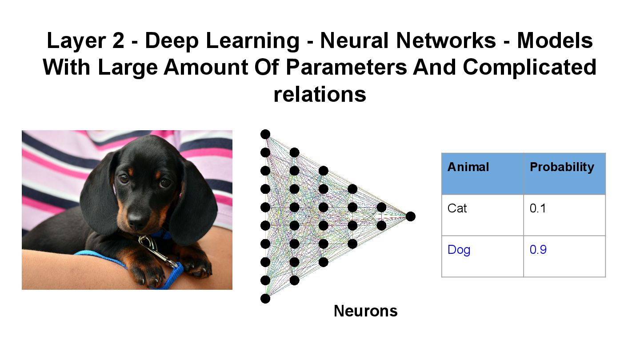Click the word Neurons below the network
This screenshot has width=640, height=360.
(x=365, y=311)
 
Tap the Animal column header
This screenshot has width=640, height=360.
(x=468, y=167)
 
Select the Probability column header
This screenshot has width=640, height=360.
(x=562, y=167)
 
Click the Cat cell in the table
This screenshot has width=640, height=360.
(x=457, y=208)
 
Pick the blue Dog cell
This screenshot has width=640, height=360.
(x=459, y=250)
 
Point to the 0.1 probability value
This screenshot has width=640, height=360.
(x=538, y=208)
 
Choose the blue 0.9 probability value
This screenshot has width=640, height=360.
(x=538, y=250)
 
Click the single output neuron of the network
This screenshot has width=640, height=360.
(x=410, y=216)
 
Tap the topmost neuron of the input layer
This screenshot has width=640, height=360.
(x=265, y=134)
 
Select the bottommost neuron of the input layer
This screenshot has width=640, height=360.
(x=265, y=299)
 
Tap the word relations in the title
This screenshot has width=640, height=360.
(x=320, y=94)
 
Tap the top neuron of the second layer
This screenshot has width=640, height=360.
(x=294, y=153)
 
